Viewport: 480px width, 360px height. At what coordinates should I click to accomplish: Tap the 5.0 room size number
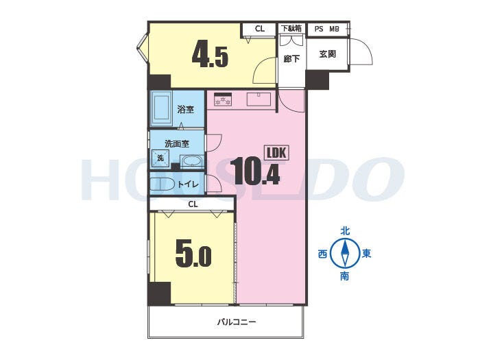pyautogui.click(x=193, y=254)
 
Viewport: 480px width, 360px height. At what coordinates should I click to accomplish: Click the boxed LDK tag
pyautogui.click(x=277, y=153)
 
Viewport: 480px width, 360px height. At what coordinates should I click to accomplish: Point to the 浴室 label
pyautogui.click(x=186, y=109)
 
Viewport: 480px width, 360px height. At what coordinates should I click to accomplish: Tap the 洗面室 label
pyautogui.click(x=177, y=143)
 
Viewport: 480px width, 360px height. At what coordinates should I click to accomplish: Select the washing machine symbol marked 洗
pyautogui.click(x=160, y=158)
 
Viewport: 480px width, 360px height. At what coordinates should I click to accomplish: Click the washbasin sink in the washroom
pyautogui.click(x=191, y=161)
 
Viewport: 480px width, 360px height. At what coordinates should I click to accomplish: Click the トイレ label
pyautogui.click(x=189, y=184)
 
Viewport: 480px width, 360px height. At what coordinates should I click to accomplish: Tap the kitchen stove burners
pyautogui.click(x=223, y=100)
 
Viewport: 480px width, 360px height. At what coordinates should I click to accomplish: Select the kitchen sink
pyautogui.click(x=259, y=99)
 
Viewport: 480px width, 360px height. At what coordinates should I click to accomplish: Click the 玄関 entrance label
pyautogui.click(x=328, y=54)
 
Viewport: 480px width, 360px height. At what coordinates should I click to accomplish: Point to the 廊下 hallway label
pyautogui.click(x=291, y=58)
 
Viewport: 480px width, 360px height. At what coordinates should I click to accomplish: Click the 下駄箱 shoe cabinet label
pyautogui.click(x=291, y=29)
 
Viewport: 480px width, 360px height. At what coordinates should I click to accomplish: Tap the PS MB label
pyautogui.click(x=327, y=29)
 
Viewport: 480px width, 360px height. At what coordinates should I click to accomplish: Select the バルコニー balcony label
pyautogui.click(x=237, y=322)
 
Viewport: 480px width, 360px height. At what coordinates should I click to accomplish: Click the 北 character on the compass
pyautogui.click(x=346, y=231)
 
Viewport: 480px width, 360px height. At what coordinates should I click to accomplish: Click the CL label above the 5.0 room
pyautogui.click(x=193, y=204)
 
